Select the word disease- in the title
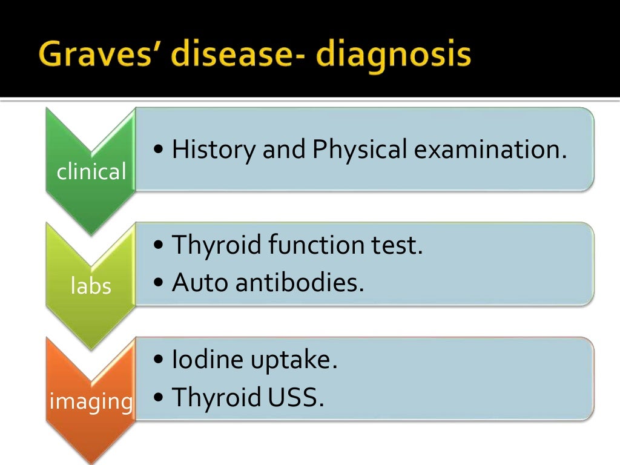point(242,55)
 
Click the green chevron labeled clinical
point(91,172)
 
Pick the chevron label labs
point(91,286)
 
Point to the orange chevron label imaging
point(91,400)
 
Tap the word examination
point(490,150)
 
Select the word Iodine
point(205,360)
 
